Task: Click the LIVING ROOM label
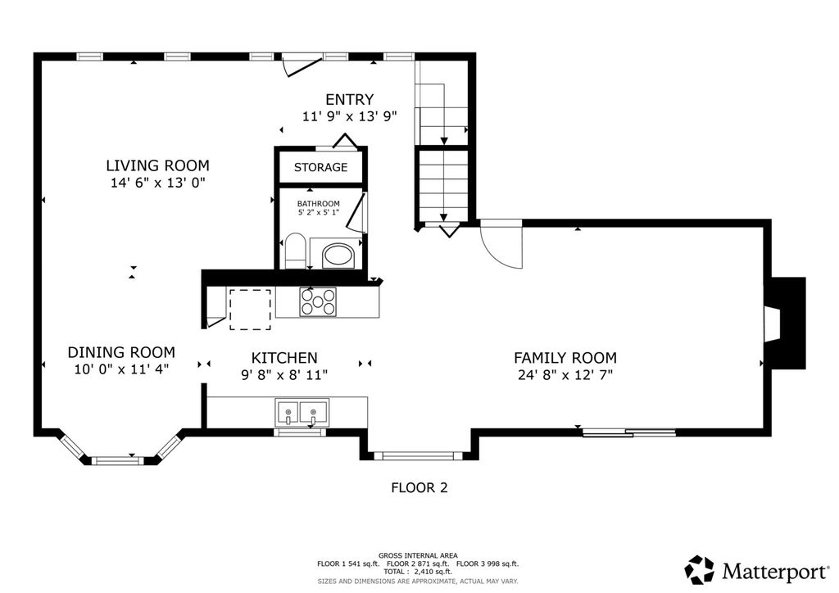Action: tap(157, 165)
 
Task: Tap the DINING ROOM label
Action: tap(121, 352)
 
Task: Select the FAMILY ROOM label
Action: tap(565, 358)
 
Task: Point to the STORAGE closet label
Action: tap(320, 167)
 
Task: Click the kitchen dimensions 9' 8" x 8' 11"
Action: tap(284, 375)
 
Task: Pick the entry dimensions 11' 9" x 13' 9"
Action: tap(349, 116)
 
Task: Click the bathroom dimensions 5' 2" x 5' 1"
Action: tap(319, 212)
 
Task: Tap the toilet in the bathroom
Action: tap(294, 251)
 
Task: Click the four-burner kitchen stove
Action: tap(318, 302)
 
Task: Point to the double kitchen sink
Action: tap(302, 412)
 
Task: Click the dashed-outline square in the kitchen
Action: tap(250, 310)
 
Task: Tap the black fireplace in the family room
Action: tap(787, 323)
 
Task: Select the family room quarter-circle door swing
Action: tap(501, 244)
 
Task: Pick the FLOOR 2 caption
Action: tap(419, 487)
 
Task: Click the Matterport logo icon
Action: tap(700, 570)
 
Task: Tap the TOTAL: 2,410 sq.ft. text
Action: tap(418, 572)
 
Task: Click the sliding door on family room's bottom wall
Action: tap(628, 432)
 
